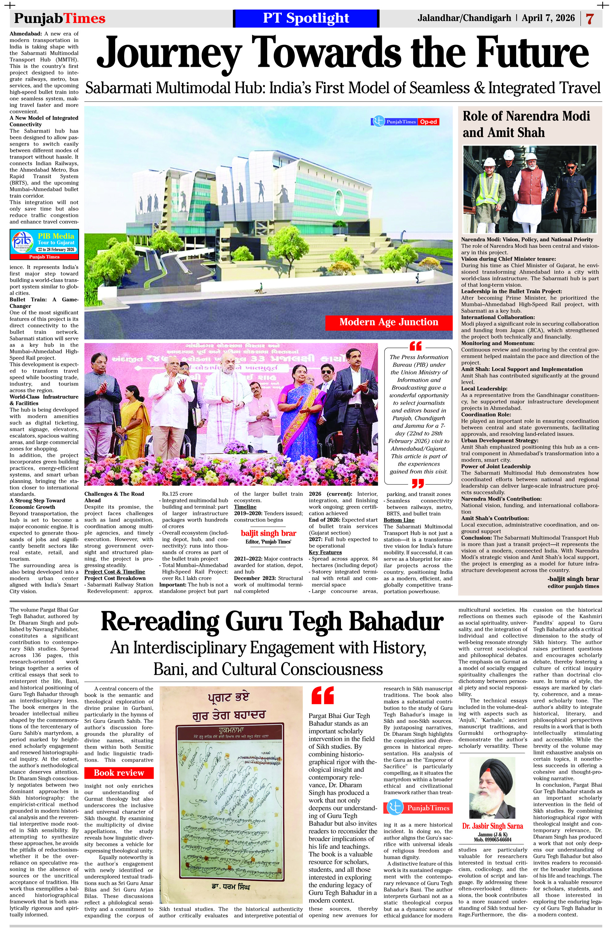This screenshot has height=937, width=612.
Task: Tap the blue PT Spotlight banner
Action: (306, 18)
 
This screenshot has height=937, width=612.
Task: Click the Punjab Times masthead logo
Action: (60, 18)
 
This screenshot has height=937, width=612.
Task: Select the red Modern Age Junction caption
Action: (388, 322)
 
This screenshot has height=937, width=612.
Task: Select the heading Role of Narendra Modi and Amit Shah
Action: (526, 124)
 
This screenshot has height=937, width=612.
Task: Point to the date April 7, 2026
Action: (548, 18)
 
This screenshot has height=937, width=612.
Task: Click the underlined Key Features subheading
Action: (325, 552)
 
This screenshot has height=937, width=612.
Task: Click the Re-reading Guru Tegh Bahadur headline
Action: (272, 622)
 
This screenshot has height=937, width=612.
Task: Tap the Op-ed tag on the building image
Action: (428, 122)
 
